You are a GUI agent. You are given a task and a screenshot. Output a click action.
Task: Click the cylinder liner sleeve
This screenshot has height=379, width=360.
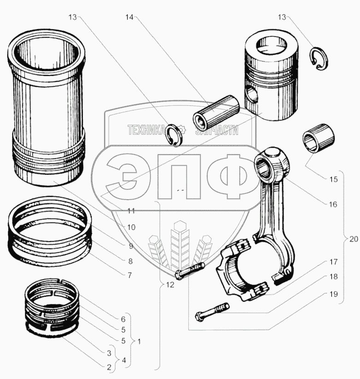click(48, 110)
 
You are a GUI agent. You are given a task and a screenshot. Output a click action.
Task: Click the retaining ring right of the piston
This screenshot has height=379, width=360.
click(319, 59)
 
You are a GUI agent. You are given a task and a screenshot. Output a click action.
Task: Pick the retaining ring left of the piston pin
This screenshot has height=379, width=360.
click(175, 134)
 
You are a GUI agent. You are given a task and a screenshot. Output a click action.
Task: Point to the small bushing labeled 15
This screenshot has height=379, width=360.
click(318, 138)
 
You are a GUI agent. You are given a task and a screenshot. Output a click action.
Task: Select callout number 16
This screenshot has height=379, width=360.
click(333, 204)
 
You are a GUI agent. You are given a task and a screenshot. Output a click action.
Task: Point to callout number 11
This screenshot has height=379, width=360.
click(131, 212)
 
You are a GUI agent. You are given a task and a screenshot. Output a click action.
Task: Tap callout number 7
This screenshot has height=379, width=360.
click(130, 276)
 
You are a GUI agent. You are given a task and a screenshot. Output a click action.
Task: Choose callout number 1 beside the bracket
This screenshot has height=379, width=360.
click(139, 342)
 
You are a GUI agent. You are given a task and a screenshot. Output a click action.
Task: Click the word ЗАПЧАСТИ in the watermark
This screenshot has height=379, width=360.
click(217, 130)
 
